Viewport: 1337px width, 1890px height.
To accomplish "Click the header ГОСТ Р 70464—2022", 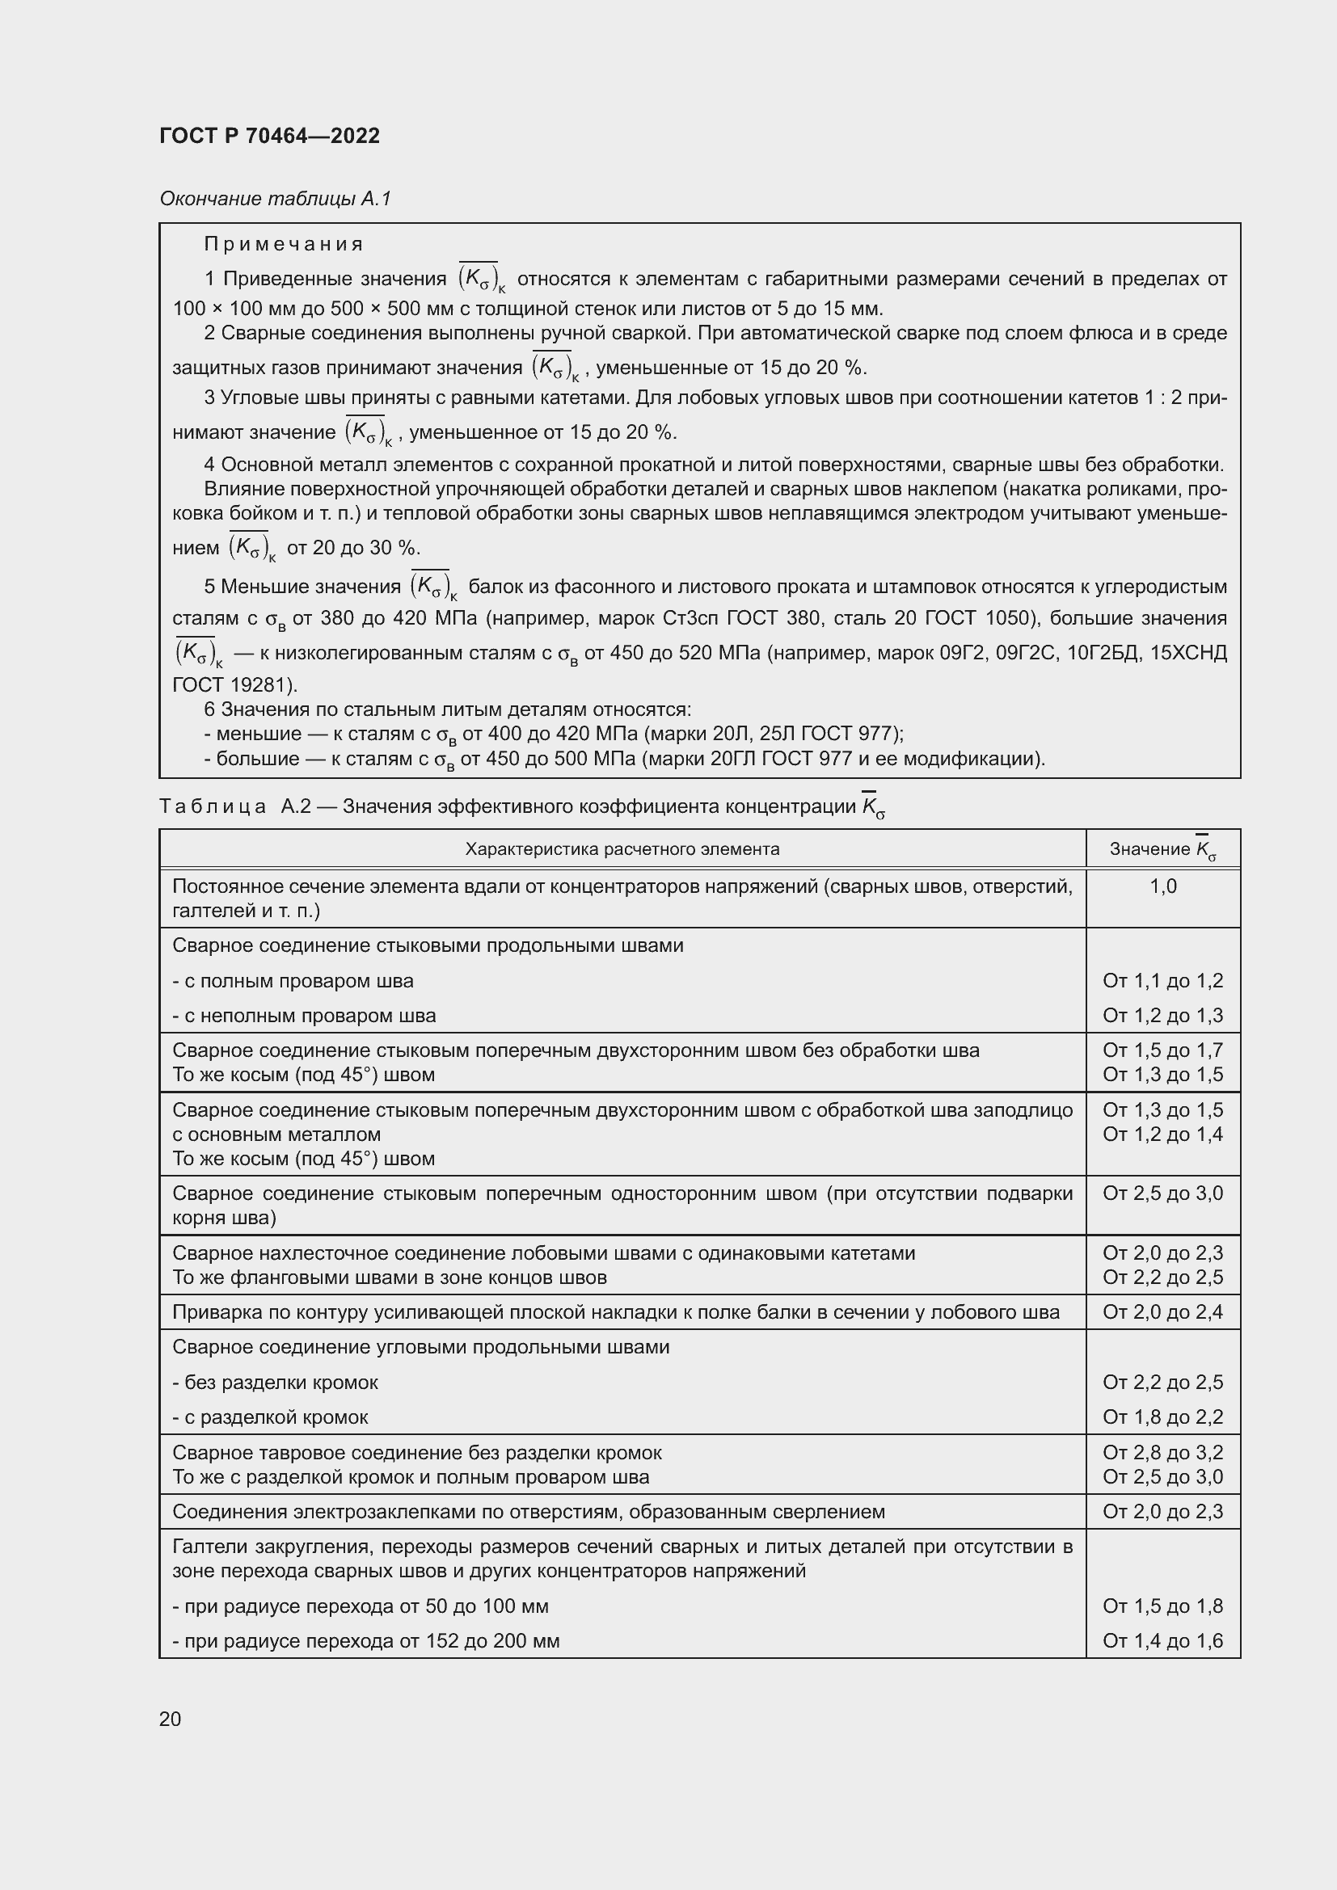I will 269,136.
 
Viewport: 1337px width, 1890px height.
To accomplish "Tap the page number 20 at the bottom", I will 170,1719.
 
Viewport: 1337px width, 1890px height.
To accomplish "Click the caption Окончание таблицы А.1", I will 275,199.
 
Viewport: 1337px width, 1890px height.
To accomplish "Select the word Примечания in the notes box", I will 283,244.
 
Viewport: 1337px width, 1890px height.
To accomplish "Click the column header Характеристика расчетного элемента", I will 622,848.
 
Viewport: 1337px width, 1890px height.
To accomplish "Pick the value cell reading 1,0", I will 1162,886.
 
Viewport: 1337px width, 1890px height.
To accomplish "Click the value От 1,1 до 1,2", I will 1162,980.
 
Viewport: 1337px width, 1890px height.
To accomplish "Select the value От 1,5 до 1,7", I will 1162,1050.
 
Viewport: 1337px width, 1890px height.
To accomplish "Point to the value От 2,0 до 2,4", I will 1162,1312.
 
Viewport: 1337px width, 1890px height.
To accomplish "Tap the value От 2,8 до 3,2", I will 1162,1452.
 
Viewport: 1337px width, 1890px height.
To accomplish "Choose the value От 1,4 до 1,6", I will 1162,1640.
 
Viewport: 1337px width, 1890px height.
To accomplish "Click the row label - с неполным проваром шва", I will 304,1016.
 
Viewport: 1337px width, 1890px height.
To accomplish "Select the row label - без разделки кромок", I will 275,1382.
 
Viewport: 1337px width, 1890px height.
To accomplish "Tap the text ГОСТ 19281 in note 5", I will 233,685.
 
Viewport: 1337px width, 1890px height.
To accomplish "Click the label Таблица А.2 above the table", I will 234,806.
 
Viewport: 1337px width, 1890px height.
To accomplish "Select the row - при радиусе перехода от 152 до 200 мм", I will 365,1640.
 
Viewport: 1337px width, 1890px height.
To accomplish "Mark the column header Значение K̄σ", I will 1162,848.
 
